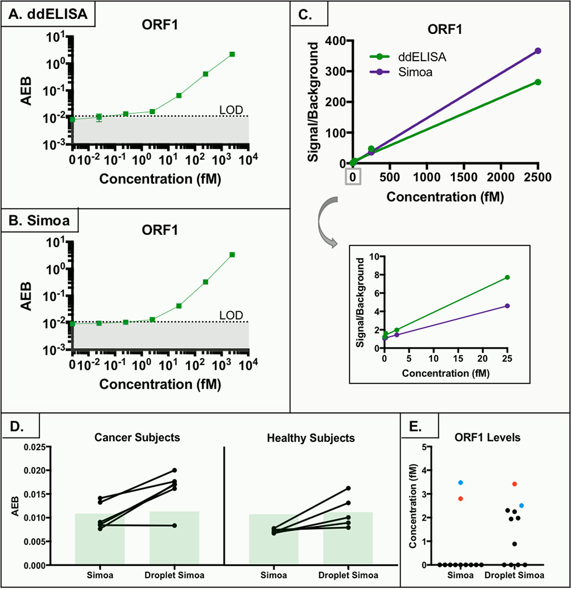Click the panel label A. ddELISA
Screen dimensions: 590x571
coord(48,14)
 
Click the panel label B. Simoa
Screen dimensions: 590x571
coord(40,220)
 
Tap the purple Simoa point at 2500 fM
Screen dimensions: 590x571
coord(538,51)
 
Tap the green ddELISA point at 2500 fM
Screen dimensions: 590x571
coord(538,82)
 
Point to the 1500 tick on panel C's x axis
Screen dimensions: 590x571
coord(464,178)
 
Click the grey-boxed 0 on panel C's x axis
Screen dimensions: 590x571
coord(353,177)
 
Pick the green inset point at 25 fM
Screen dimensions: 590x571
coord(507,277)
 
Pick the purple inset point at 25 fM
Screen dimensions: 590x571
coord(507,306)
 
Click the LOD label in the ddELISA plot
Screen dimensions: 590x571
coord(231,110)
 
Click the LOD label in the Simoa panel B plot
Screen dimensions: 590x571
coord(231,315)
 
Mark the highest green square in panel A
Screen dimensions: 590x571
coord(232,54)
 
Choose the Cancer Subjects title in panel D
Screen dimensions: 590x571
coord(137,438)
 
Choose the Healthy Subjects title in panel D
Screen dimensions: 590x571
coord(311,438)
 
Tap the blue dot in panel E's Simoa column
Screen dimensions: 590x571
coord(461,483)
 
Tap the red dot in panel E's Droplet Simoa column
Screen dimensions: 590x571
coord(514,484)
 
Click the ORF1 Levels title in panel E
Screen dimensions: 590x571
coord(487,438)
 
